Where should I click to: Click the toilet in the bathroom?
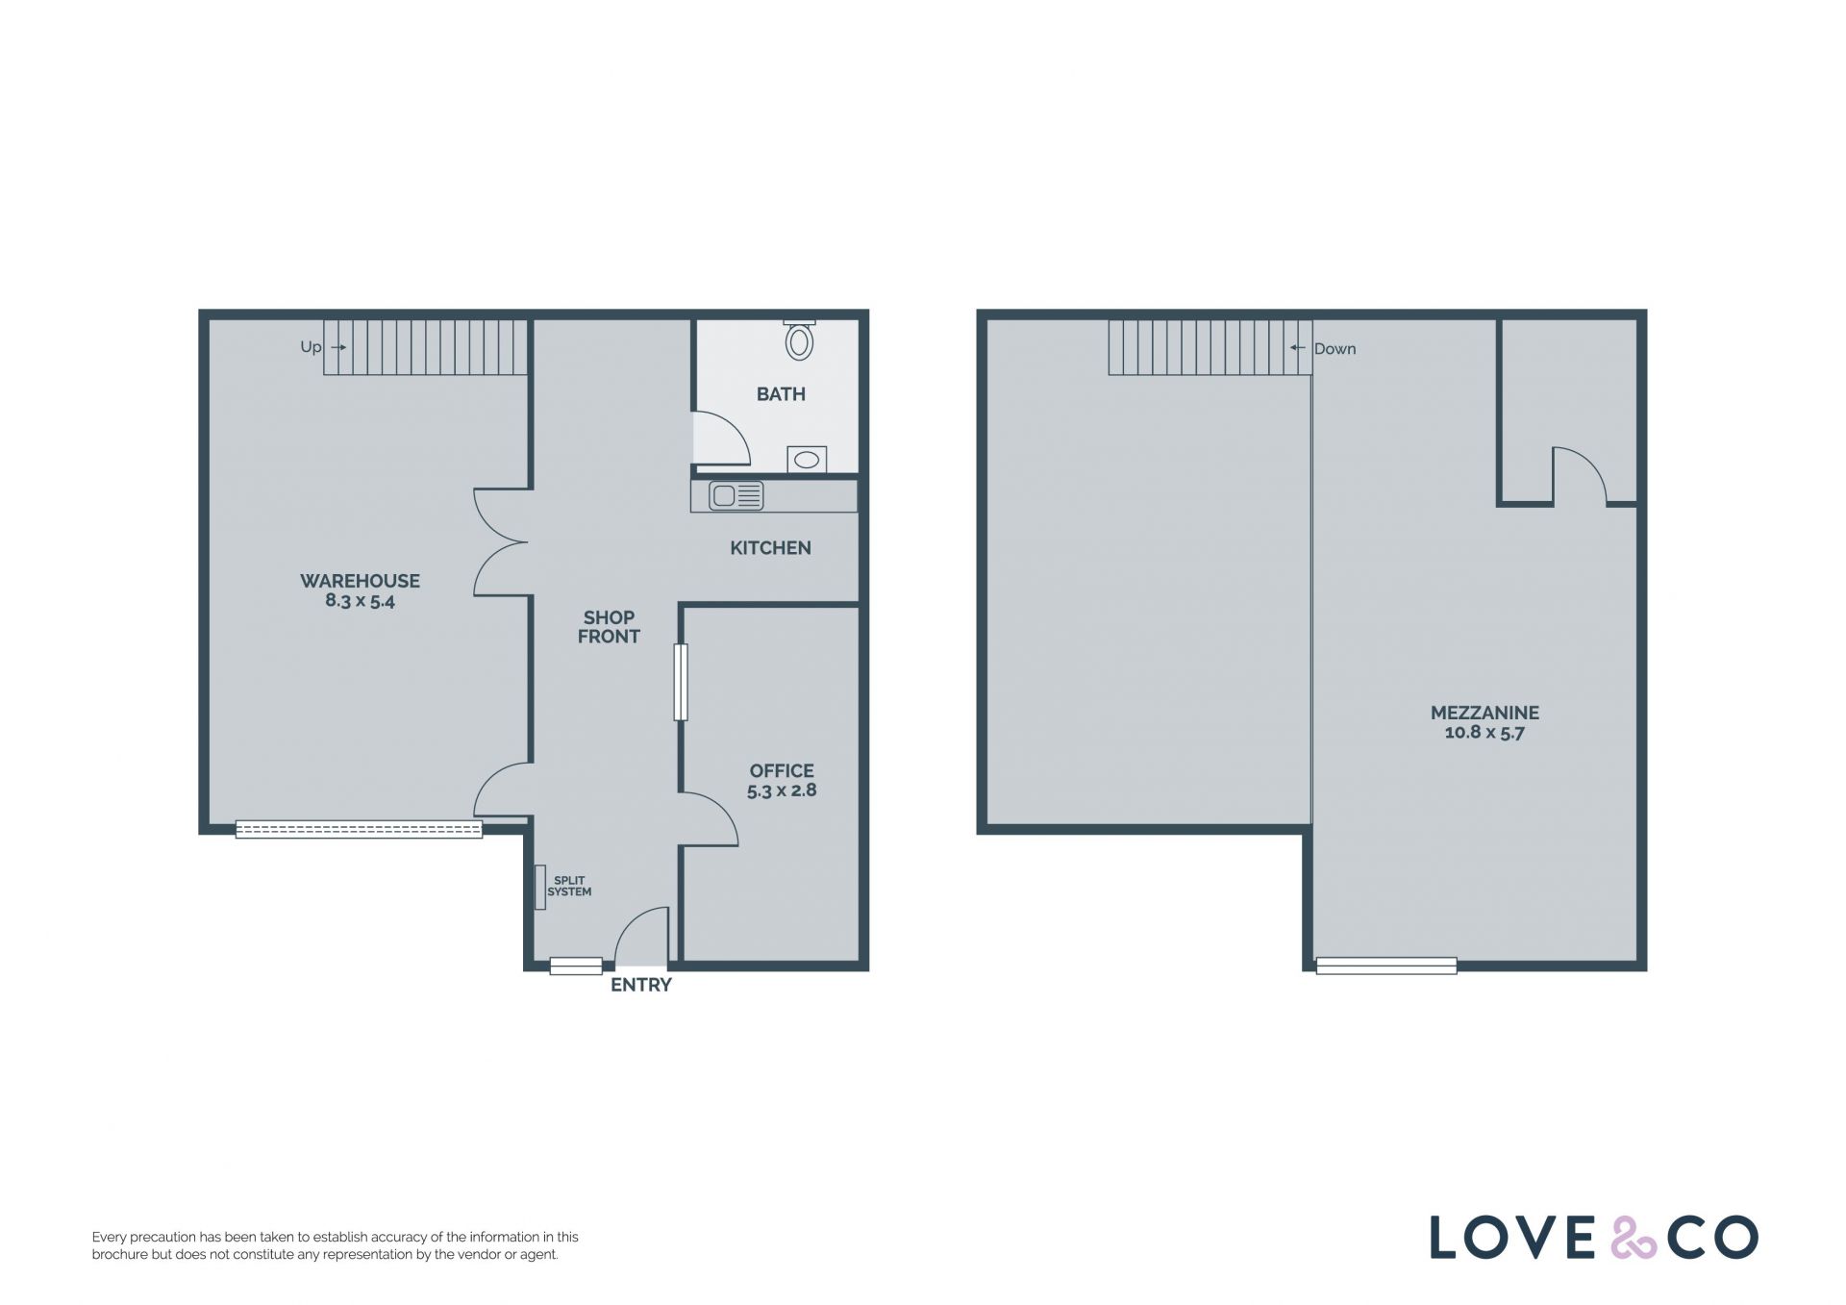point(799,340)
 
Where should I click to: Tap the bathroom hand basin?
point(807,460)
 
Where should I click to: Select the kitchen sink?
point(736,495)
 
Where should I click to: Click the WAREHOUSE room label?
point(360,581)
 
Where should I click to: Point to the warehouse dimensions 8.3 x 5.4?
point(360,602)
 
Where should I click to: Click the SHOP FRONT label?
point(609,627)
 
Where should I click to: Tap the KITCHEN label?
point(770,548)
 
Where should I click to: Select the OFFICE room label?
point(782,771)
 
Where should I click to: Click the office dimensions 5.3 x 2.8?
point(782,791)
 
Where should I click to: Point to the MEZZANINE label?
point(1484,713)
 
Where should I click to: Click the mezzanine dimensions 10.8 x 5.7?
point(1484,733)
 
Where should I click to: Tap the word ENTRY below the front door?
point(641,985)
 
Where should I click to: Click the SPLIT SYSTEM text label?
point(569,887)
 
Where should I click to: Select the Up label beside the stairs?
point(311,347)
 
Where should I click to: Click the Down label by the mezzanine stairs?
point(1335,349)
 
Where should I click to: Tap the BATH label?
point(781,394)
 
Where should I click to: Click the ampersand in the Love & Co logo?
point(1634,1238)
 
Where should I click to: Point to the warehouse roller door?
point(359,829)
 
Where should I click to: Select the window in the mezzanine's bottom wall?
point(1385,966)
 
